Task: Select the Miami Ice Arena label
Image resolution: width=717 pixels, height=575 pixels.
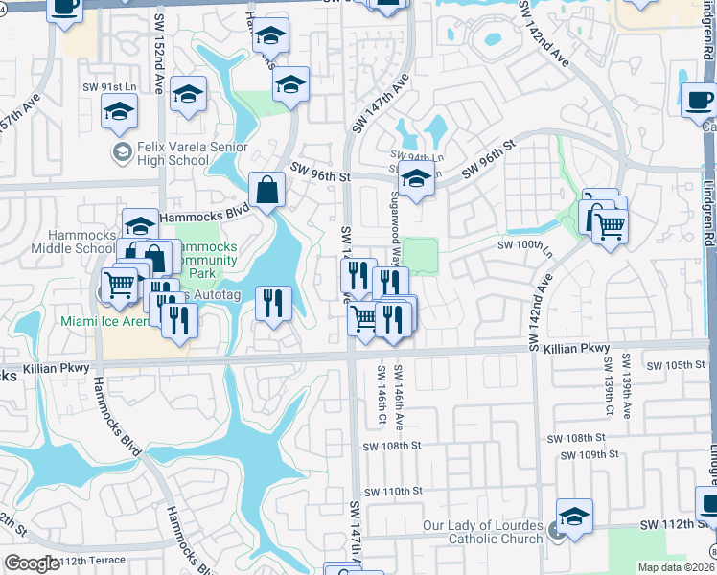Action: [x=104, y=320]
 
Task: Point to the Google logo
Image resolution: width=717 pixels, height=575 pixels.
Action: [x=32, y=563]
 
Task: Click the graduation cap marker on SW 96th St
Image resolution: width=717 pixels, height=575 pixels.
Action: [x=415, y=180]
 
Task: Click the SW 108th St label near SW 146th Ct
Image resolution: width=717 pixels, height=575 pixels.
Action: [x=392, y=446]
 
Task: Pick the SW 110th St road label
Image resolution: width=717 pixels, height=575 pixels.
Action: [x=393, y=491]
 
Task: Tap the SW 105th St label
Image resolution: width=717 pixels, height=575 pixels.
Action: [x=675, y=366]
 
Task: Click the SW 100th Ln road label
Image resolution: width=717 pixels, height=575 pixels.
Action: [x=525, y=246]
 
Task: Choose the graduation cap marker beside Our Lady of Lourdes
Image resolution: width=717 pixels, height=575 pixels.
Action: [x=574, y=516]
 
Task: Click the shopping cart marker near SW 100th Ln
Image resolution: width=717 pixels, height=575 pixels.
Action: [x=609, y=226]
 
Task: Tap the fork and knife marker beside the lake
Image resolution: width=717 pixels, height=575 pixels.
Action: [x=273, y=304]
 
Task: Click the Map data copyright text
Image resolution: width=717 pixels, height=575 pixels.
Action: [x=677, y=567]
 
